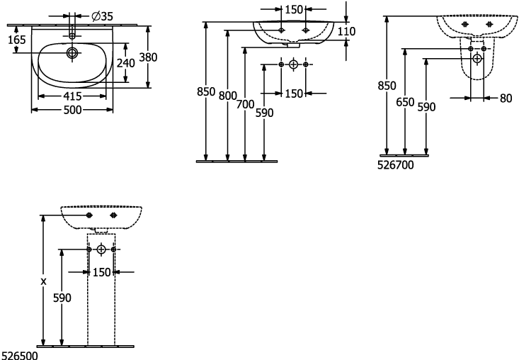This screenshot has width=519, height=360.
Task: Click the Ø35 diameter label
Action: [x=102, y=16]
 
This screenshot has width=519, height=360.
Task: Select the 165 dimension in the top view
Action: [x=16, y=40]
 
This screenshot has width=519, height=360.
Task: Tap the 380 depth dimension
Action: [x=148, y=57]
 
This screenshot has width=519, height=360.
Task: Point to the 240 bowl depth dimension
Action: [x=126, y=62]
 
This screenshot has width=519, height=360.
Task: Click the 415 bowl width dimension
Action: [x=72, y=96]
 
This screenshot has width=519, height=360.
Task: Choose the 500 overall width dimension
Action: [x=72, y=110]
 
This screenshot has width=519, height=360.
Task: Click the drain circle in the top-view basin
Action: [x=72, y=52]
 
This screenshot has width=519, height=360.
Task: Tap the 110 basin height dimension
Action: [x=346, y=31]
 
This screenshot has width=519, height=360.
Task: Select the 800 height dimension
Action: [x=228, y=96]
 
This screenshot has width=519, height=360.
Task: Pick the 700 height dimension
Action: [x=245, y=104]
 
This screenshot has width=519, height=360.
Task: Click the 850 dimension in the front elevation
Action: [x=206, y=91]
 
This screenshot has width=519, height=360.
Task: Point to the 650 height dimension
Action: [x=405, y=102]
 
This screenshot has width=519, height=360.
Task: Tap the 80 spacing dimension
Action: [x=506, y=98]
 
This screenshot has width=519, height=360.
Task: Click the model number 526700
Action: [x=396, y=165]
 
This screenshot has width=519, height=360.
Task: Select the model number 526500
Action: [x=20, y=356]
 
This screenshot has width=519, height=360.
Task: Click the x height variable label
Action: [x=43, y=281]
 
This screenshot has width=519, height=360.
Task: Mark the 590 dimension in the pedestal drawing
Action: [x=62, y=298]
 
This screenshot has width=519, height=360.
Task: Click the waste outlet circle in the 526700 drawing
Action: [x=477, y=59]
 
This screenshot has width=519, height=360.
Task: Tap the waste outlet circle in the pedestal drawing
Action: [x=101, y=249]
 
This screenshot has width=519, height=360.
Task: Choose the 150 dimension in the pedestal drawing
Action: [x=101, y=272]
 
